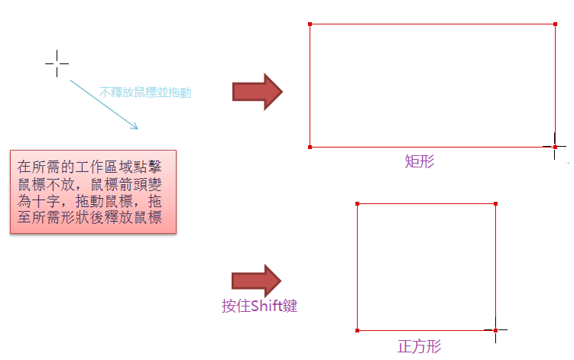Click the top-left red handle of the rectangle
click(310, 24)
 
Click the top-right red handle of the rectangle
click(555, 24)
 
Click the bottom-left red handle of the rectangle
click(310, 147)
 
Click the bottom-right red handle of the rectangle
click(555, 146)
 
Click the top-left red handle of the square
click(358, 204)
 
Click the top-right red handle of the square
click(495, 204)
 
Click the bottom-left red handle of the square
click(358, 330)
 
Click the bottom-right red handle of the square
click(495, 330)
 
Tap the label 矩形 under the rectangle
click(420, 162)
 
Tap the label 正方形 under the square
click(420, 346)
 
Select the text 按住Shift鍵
click(258, 306)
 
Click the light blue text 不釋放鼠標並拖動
click(145, 92)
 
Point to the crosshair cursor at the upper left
click(57, 63)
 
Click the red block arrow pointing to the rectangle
click(258, 92)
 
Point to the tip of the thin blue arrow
click(137, 127)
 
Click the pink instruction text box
click(93, 191)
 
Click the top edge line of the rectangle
click(432, 24)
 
